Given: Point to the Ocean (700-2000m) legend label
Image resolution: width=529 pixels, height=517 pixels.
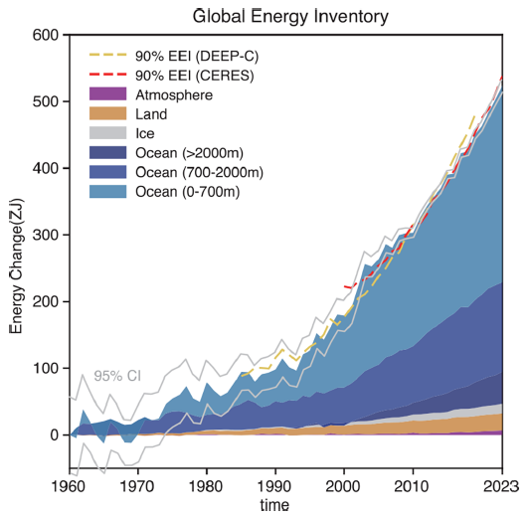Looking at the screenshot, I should point(194,172).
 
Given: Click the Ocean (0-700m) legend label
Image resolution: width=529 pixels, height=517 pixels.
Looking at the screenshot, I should point(184,192).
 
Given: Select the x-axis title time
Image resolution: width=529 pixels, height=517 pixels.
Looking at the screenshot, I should point(275,506).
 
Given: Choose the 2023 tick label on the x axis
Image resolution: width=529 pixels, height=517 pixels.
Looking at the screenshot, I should point(500,488).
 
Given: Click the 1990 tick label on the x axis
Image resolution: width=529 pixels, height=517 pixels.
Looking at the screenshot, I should point(274,488).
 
